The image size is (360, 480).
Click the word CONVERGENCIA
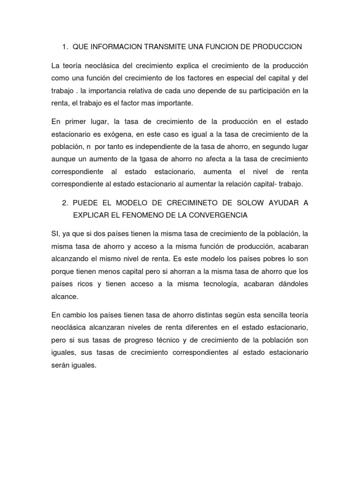(x=218, y=215)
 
